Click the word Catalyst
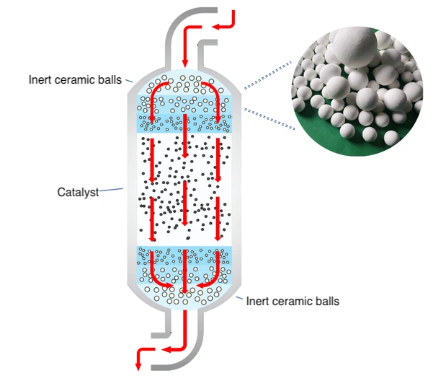(77, 193)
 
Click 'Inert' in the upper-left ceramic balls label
(40, 79)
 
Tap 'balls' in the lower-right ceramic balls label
(326, 301)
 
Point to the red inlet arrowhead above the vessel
(185, 62)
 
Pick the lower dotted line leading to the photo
(271, 118)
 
